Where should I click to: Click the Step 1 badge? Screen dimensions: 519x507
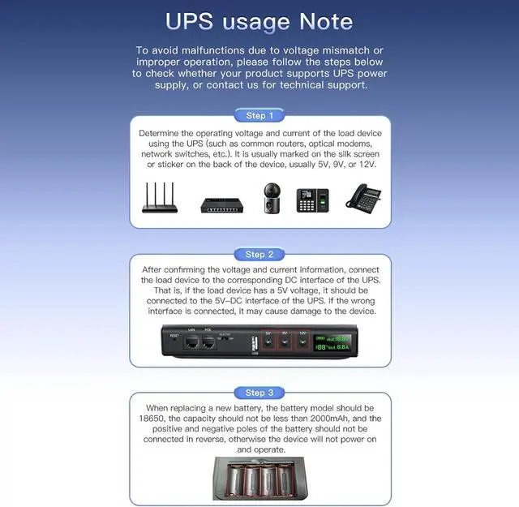point(259,115)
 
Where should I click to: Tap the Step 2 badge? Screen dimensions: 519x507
point(259,254)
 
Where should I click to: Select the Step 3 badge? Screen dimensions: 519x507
point(259,393)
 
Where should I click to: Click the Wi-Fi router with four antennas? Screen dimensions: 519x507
point(161,198)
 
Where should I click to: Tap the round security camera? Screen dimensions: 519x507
point(270,198)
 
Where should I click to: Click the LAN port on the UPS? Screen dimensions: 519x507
point(192,344)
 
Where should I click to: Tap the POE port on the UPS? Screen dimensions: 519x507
point(208,344)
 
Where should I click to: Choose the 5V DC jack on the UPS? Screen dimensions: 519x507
point(268,342)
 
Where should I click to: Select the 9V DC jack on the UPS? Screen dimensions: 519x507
point(285,342)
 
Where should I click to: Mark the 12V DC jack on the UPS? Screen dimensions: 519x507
point(302,342)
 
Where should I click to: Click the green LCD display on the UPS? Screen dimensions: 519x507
point(332,342)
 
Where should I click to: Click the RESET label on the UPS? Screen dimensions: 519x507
point(174,335)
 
